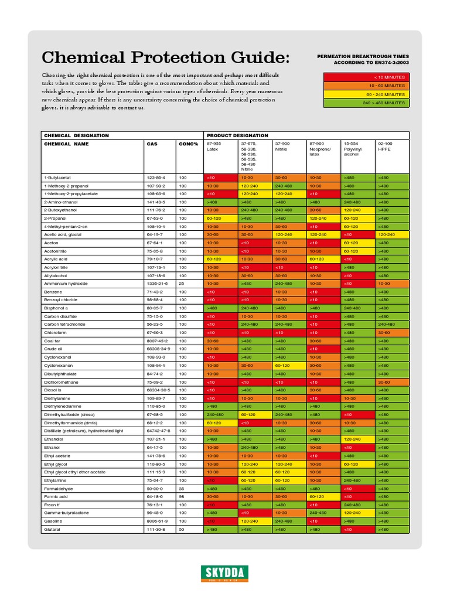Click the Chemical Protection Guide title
[165, 58]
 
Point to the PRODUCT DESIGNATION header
[237, 135]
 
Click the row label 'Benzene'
[53, 291]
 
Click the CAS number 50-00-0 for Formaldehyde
[155, 488]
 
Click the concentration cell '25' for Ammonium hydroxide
[183, 283]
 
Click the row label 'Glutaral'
[52, 529]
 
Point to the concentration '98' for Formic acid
[183, 496]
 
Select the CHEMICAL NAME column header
[66, 144]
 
